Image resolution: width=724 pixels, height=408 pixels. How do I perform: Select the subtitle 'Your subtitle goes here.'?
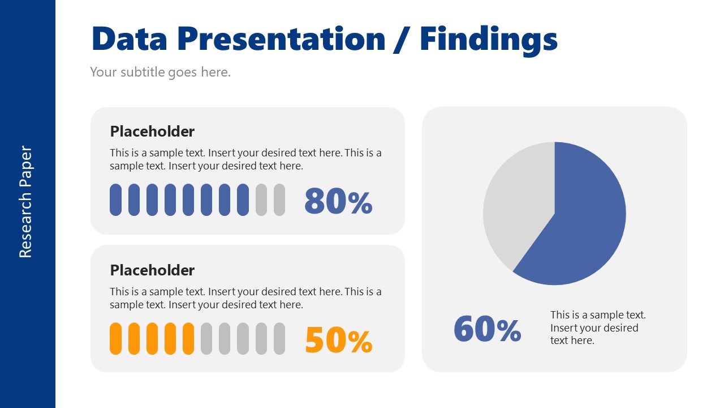(160, 72)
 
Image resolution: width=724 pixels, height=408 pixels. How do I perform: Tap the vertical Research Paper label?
(25, 202)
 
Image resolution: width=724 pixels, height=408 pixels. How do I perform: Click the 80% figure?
(338, 201)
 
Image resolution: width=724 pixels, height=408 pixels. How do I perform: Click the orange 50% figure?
(338, 339)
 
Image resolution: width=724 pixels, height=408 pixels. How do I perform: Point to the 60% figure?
(487, 329)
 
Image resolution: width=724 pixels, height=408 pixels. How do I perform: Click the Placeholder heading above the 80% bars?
(152, 131)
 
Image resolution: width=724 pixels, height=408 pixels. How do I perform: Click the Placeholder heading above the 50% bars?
(152, 270)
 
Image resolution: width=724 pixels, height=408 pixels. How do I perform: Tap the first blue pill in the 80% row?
(115, 199)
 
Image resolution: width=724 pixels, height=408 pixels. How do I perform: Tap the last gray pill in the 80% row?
(279, 199)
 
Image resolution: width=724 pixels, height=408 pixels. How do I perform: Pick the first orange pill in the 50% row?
(115, 338)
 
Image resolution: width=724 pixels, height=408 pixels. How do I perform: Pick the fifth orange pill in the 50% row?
(188, 338)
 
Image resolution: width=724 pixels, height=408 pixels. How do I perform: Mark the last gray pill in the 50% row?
(279, 338)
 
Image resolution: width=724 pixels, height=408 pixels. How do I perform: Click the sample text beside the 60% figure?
(598, 328)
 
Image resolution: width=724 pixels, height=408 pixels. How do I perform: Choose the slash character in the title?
(402, 40)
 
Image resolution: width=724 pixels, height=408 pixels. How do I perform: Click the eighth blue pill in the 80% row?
(243, 199)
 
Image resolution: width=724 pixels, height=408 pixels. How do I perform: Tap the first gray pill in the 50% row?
(206, 338)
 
